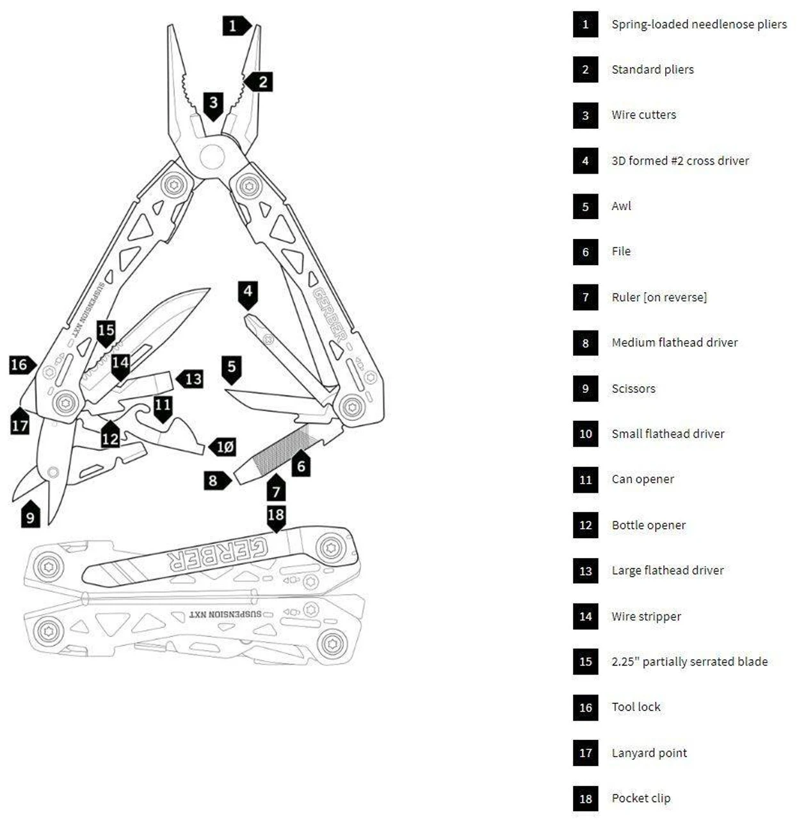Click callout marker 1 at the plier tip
click(x=234, y=26)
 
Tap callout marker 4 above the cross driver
click(x=248, y=293)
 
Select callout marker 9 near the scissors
click(x=30, y=515)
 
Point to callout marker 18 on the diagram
click(x=276, y=516)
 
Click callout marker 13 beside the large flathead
click(x=191, y=379)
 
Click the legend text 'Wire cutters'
click(x=643, y=115)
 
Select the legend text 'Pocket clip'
click(x=641, y=798)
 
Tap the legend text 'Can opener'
click(x=643, y=479)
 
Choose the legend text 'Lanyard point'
click(x=649, y=753)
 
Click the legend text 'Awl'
click(x=621, y=206)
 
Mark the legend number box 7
click(x=585, y=297)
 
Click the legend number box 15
click(x=585, y=662)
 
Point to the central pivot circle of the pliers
click(x=212, y=156)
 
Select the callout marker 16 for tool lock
click(x=21, y=365)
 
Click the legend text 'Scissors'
click(x=633, y=389)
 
